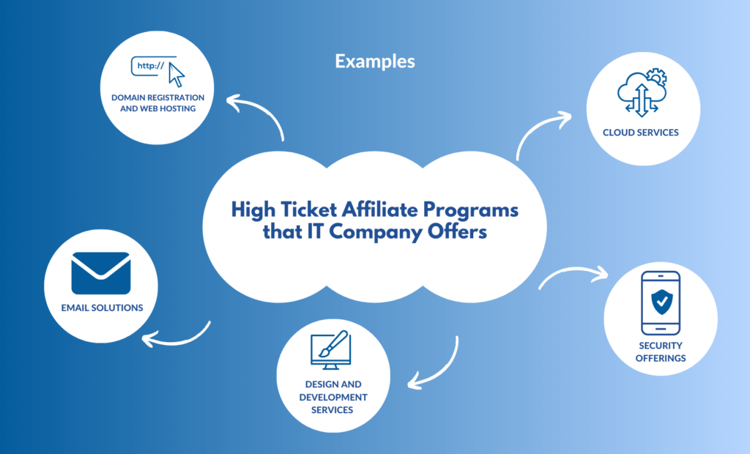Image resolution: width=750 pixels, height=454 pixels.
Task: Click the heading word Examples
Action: pos(375,62)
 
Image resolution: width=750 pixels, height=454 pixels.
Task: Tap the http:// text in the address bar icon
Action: pos(151,66)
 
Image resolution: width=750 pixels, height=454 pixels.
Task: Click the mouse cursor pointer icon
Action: pos(177,75)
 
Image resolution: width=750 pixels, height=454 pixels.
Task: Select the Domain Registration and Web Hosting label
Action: pos(158,103)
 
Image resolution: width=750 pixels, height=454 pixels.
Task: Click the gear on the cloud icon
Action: pos(657,77)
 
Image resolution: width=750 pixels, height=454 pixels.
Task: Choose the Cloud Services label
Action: pos(640,133)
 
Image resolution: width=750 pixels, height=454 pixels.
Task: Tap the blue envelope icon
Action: pos(101,273)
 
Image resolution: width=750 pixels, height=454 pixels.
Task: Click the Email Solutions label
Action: pos(102,308)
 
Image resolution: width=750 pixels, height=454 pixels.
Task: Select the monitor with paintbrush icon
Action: pos(330,350)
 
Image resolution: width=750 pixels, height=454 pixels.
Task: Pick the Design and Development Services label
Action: pos(333,397)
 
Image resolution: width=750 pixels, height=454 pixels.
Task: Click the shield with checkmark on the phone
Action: pos(662,302)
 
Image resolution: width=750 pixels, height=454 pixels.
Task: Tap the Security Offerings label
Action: pos(661,351)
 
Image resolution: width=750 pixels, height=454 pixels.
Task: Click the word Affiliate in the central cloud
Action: pos(379,210)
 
